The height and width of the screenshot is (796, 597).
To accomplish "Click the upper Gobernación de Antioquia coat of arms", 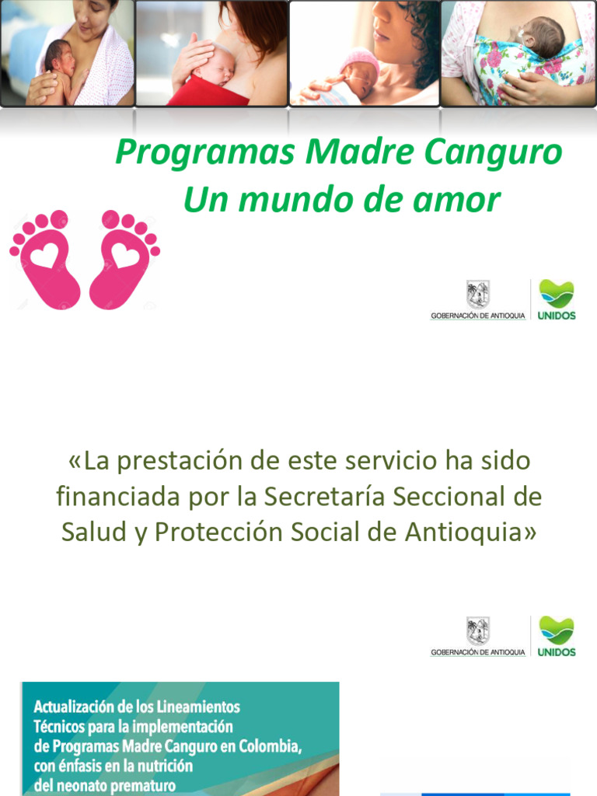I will pos(478,295).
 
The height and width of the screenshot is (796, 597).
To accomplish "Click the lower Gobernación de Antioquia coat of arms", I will pos(478,631).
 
